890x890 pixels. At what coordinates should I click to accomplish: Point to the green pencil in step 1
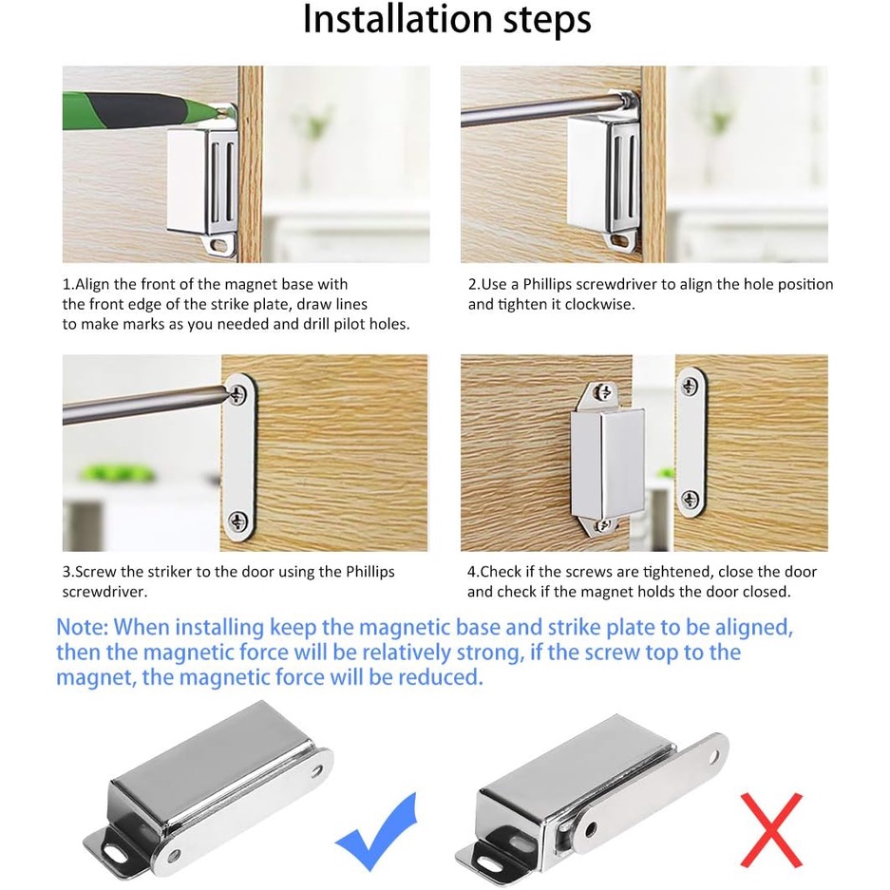coord(142,109)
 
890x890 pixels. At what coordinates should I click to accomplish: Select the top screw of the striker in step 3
coord(237,393)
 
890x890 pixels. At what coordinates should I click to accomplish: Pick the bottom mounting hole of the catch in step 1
coord(218,245)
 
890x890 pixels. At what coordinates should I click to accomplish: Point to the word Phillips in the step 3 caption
coord(370,572)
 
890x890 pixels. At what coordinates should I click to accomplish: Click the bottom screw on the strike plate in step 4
coord(691,500)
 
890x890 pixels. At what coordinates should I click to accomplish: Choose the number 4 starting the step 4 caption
coord(471,572)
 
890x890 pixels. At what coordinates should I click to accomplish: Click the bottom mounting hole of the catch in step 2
coord(622,242)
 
